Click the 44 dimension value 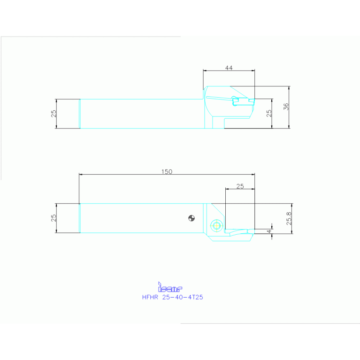[x=229, y=68]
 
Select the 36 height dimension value [x=286, y=107]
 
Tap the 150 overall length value [x=167, y=172]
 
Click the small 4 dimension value [x=269, y=231]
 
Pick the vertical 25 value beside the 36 [x=269, y=113]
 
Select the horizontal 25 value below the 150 [x=240, y=186]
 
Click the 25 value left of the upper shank [x=54, y=113]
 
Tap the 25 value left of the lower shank [x=54, y=218]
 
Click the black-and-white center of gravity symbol [x=191, y=217]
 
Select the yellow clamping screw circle [x=216, y=225]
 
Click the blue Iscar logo [x=169, y=287]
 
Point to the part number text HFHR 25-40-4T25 [x=172, y=297]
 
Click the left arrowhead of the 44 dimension [x=205, y=71]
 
